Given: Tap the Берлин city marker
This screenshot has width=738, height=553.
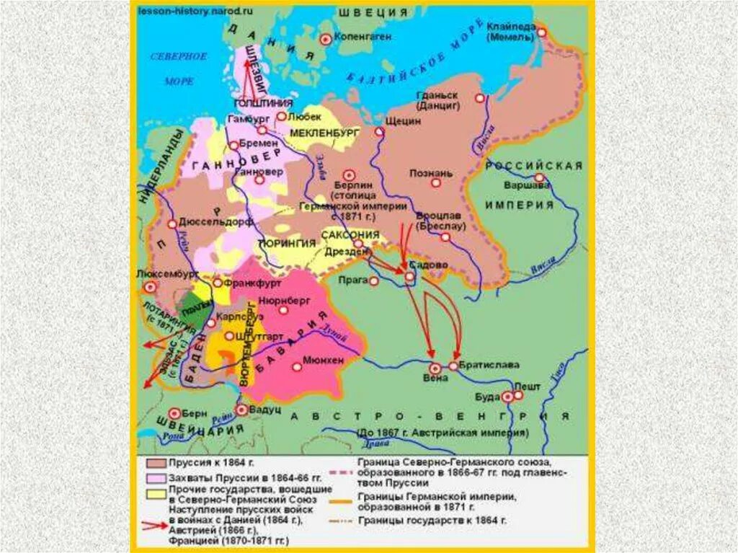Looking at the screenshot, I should (x=350, y=174).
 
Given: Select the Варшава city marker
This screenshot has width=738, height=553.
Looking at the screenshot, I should (x=538, y=178).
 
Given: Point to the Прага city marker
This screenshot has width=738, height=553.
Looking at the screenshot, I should (x=373, y=280).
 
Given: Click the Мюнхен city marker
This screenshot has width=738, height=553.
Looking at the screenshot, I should (x=296, y=366).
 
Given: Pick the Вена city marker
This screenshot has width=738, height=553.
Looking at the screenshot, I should (x=435, y=368).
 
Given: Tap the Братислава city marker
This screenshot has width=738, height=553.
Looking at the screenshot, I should (x=453, y=366).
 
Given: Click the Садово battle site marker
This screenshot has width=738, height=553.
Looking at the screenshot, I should (x=409, y=276).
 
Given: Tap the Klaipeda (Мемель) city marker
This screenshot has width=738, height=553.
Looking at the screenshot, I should (x=541, y=32).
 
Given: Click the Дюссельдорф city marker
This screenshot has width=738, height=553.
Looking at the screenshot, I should (x=172, y=224).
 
